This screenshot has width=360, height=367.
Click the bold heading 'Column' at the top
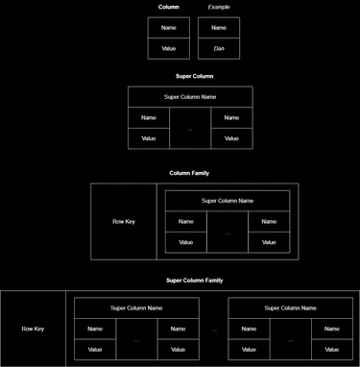(168, 7)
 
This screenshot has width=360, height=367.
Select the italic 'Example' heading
(219, 7)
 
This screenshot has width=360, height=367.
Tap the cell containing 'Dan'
(219, 48)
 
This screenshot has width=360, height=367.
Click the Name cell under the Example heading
(219, 29)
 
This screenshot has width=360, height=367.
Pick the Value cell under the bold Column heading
(168, 48)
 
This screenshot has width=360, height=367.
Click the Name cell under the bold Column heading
(168, 29)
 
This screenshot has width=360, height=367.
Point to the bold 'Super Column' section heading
(194, 76)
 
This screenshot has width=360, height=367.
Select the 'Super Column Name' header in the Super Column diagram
(190, 97)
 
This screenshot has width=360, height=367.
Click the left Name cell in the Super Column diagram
(149, 118)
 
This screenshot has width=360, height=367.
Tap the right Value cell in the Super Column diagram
(231, 138)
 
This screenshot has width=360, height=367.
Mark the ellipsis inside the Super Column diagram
(190, 129)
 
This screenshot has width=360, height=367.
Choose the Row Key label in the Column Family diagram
(124, 222)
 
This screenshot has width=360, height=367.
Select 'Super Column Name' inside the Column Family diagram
(228, 201)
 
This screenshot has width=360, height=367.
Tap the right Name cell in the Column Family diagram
(269, 222)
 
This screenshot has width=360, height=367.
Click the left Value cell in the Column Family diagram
(186, 242)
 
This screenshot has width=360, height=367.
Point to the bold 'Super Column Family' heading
(194, 281)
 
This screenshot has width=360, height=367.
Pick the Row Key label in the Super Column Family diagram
(33, 329)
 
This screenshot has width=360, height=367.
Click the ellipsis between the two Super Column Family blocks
(213, 330)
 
